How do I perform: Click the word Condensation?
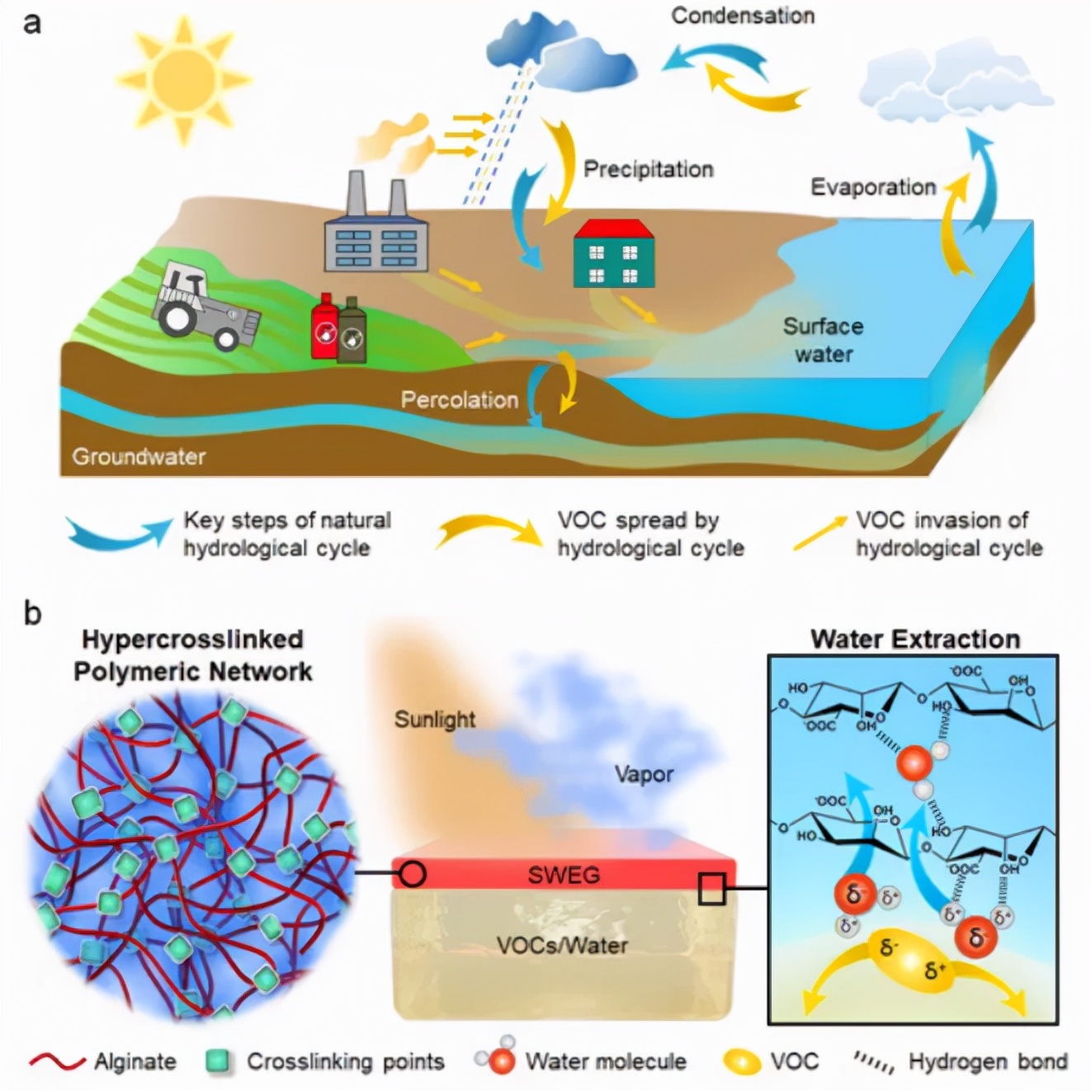pyautogui.click(x=742, y=16)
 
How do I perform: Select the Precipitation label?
pyautogui.click(x=648, y=169)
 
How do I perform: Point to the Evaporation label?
pyautogui.click(x=873, y=187)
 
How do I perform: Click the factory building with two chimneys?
pyautogui.click(x=376, y=236)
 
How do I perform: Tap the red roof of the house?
pyautogui.click(x=614, y=229)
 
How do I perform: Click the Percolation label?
pyautogui.click(x=460, y=400)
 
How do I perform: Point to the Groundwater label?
pyautogui.click(x=139, y=456)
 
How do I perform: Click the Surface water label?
pyautogui.click(x=823, y=340)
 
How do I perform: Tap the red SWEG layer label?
pyautogui.click(x=564, y=875)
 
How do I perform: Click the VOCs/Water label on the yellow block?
pyautogui.click(x=562, y=945)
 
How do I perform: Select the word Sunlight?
pyautogui.click(x=435, y=720)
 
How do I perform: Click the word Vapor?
pyautogui.click(x=644, y=774)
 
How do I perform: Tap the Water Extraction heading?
pyautogui.click(x=914, y=640)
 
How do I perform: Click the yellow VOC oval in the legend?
pyautogui.click(x=742, y=1062)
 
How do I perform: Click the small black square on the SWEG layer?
pyautogui.click(x=711, y=890)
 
